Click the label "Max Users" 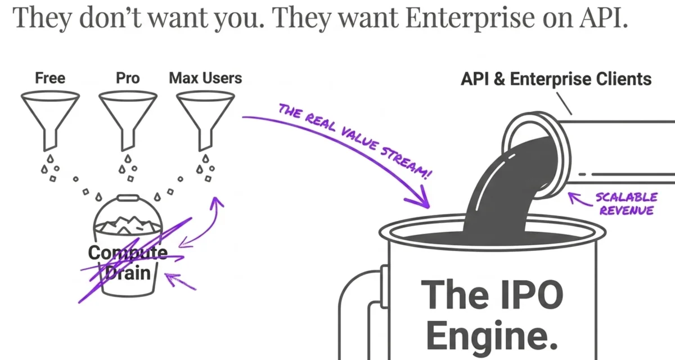click(205, 78)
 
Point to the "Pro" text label click(128, 78)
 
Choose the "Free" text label click(50, 78)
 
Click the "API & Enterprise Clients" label click(556, 79)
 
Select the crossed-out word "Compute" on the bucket click(127, 253)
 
